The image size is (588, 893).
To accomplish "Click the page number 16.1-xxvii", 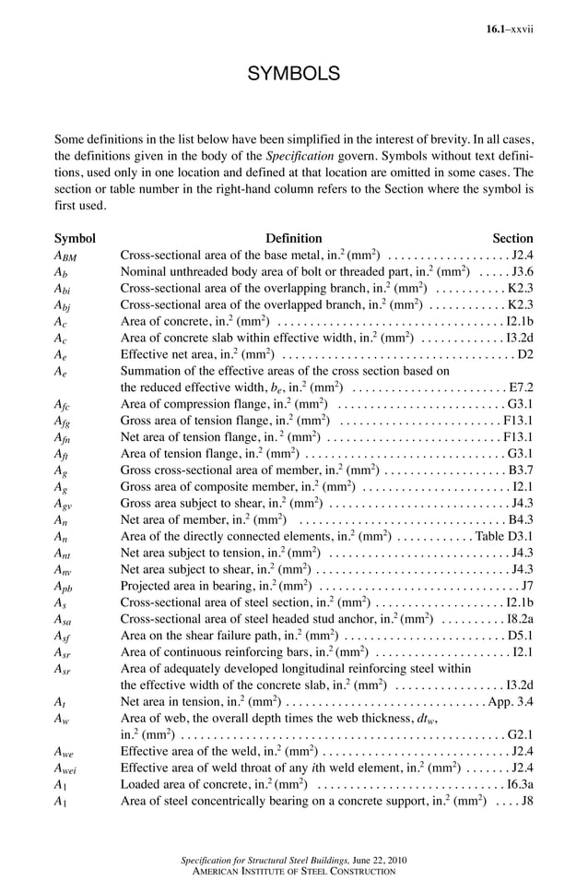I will [x=510, y=30].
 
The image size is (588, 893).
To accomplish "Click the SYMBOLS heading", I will [x=294, y=74].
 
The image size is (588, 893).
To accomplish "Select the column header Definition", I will [x=294, y=237].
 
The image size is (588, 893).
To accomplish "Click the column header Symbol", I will [x=75, y=237].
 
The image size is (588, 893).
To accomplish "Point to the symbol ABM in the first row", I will [x=67, y=256].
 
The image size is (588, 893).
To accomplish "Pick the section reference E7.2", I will [x=521, y=387].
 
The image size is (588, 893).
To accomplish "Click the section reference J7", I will [x=527, y=585].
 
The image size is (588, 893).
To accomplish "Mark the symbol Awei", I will [x=66, y=768].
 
